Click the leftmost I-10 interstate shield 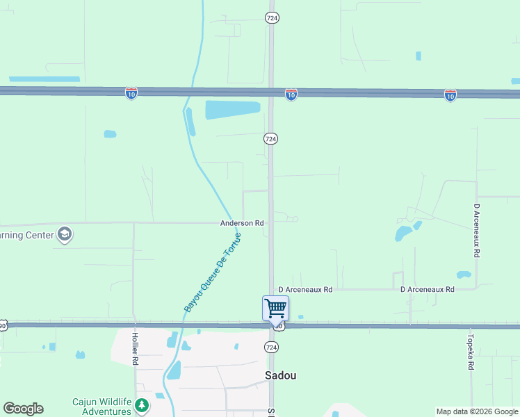pyautogui.click(x=131, y=92)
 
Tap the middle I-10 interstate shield pyautogui.click(x=291, y=94)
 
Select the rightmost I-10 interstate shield pyautogui.click(x=450, y=95)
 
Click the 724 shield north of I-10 pyautogui.click(x=272, y=18)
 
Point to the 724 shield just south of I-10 pyautogui.click(x=271, y=139)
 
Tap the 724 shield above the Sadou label pyautogui.click(x=272, y=346)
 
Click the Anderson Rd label pyautogui.click(x=242, y=223)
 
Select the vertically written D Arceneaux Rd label pyautogui.click(x=477, y=231)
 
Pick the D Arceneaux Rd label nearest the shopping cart pyautogui.click(x=305, y=289)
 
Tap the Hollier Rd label pyautogui.click(x=136, y=349)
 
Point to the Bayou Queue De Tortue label pyautogui.click(x=213, y=272)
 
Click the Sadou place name pyautogui.click(x=281, y=375)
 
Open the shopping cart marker pyautogui.click(x=275, y=308)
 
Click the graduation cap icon pyautogui.click(x=65, y=234)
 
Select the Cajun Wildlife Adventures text pyautogui.click(x=103, y=407)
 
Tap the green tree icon pyautogui.click(x=142, y=404)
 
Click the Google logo pyautogui.click(x=23, y=409)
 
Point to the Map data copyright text pyautogui.click(x=476, y=411)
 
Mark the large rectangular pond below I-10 pyautogui.click(x=232, y=110)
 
